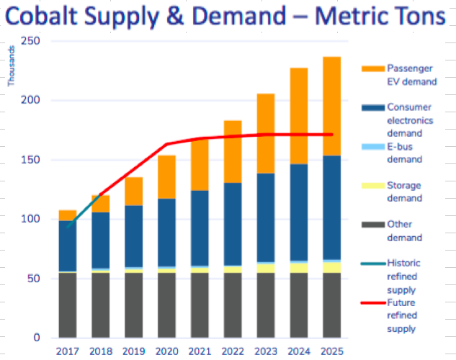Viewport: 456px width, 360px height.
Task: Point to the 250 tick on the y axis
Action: [30, 41]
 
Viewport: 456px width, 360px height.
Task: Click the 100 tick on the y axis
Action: [30, 219]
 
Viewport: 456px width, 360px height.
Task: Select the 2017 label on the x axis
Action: [68, 351]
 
